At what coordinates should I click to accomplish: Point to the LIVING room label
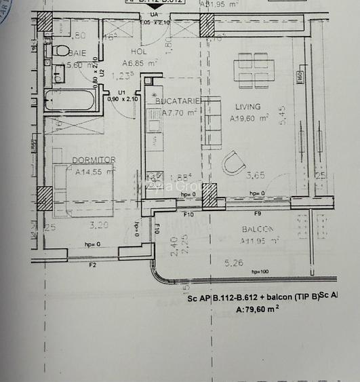(x=247, y=107)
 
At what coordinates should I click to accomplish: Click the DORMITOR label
(x=94, y=160)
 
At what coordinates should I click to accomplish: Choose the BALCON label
(x=257, y=229)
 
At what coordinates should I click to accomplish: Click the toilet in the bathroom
(x=60, y=51)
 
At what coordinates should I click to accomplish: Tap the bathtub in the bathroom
(x=71, y=100)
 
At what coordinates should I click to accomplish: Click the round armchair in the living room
(x=234, y=163)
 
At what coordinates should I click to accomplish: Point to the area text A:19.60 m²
(x=249, y=118)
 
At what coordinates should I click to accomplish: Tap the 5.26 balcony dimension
(x=233, y=263)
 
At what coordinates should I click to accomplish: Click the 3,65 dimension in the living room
(x=255, y=176)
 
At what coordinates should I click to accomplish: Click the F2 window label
(x=92, y=265)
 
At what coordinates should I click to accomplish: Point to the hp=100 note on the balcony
(x=260, y=272)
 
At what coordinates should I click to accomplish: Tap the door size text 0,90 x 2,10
(x=123, y=98)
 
